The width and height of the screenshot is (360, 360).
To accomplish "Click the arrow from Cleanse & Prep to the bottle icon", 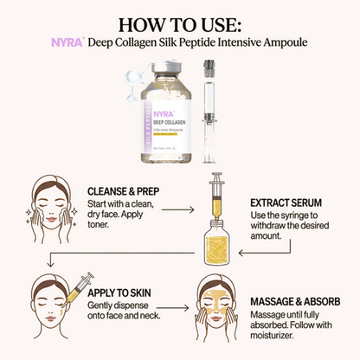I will click(x=177, y=209).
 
